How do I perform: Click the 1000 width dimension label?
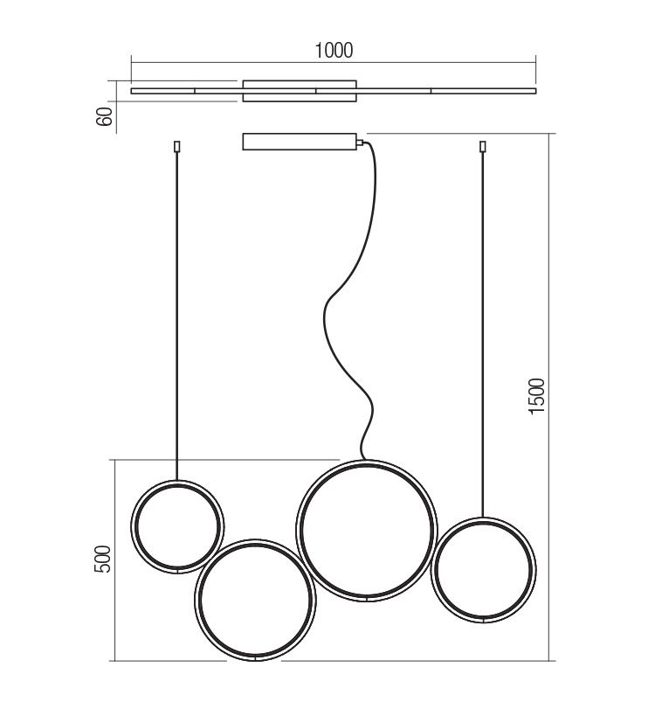(334, 50)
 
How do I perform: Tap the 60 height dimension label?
(104, 116)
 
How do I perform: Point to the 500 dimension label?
(102, 559)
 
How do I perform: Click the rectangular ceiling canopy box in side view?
(300, 142)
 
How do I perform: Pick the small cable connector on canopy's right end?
(360, 142)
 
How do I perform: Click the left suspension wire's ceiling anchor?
(177, 147)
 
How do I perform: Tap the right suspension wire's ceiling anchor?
(482, 147)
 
